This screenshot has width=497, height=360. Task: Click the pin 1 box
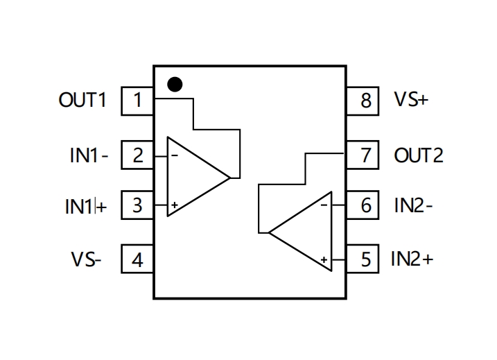click(137, 101)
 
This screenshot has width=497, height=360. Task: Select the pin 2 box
click(137, 155)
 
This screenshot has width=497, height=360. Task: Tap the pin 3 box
click(137, 205)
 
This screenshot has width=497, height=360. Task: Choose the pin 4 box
click(137, 259)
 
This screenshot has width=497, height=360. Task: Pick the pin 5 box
click(363, 259)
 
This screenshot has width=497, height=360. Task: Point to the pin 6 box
click(363, 205)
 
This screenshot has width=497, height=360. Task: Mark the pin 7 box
click(363, 155)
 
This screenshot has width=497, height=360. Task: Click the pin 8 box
click(363, 101)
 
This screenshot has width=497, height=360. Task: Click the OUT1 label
click(82, 100)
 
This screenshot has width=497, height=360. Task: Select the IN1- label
click(89, 155)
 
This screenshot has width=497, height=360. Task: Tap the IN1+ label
click(86, 206)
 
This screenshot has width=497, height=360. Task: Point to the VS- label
click(86, 259)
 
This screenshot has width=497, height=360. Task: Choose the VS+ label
click(411, 99)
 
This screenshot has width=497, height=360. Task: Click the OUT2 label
click(419, 155)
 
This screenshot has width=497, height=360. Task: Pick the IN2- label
click(413, 205)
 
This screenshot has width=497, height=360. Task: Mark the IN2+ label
click(412, 259)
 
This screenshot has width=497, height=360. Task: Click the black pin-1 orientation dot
click(175, 85)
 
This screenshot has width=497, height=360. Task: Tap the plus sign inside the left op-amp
click(174, 205)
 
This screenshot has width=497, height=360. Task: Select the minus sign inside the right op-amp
click(324, 205)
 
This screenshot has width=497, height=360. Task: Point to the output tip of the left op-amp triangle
click(230, 178)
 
